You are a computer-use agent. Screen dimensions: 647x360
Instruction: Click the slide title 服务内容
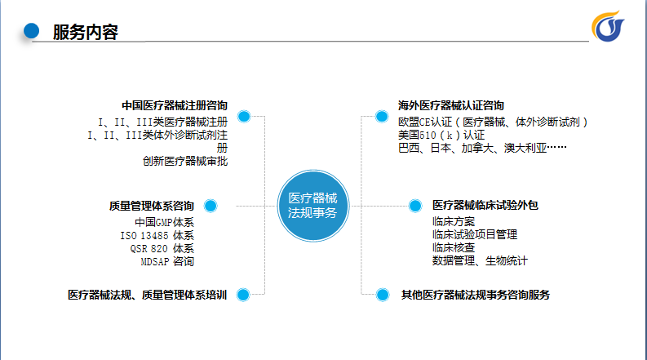[x=86, y=32]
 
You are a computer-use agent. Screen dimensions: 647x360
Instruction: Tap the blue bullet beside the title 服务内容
[x=31, y=30]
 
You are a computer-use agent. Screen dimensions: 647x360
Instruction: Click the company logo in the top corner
[x=608, y=26]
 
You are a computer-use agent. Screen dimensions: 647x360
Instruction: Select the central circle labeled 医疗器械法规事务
[x=313, y=206]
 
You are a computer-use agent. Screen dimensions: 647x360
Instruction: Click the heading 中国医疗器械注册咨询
[x=175, y=105]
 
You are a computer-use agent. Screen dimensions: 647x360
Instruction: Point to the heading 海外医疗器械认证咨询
[x=451, y=105]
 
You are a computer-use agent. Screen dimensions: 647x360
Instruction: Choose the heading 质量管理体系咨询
[x=152, y=206]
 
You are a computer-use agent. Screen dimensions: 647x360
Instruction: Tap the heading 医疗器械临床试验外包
[x=485, y=205]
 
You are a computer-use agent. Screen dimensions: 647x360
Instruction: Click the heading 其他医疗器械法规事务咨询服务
[x=476, y=295]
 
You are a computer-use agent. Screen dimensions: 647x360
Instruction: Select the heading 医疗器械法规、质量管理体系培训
[x=148, y=295]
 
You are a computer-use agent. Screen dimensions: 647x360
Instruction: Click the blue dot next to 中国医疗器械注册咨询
[x=244, y=117]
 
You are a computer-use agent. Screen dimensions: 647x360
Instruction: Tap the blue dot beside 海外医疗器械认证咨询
[x=382, y=117]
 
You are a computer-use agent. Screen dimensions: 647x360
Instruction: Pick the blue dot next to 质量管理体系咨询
[x=210, y=206]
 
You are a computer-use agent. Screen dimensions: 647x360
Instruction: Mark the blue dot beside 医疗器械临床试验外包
[x=415, y=206]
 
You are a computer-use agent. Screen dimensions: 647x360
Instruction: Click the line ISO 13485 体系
[x=157, y=236]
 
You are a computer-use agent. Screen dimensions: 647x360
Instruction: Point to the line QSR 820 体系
[x=162, y=248]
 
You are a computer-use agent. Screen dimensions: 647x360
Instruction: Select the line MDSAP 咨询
[x=167, y=262]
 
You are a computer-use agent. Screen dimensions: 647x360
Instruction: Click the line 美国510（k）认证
[x=441, y=135]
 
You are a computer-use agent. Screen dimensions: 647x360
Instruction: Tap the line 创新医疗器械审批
[x=185, y=161]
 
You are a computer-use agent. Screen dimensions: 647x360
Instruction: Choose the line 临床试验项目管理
[x=475, y=234]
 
